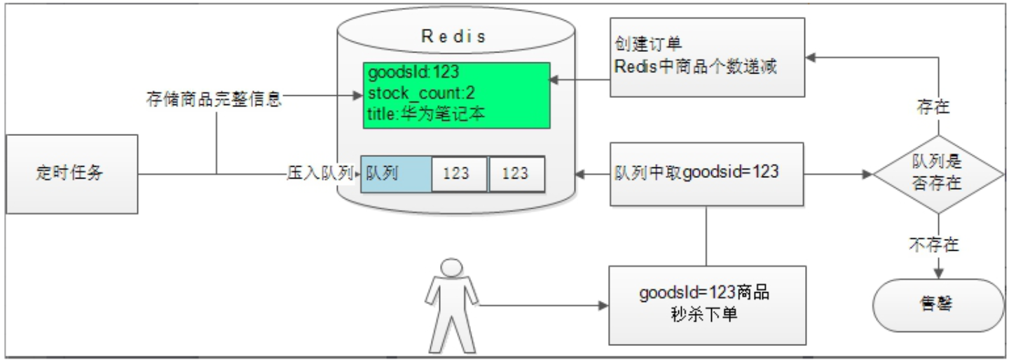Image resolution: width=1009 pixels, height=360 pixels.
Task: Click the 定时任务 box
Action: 72,174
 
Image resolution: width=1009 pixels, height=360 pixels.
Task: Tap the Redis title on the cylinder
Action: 453,36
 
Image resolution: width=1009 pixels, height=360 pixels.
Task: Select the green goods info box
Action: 457,95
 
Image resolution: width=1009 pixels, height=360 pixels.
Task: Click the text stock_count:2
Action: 422,92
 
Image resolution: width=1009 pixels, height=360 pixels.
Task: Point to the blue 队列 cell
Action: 396,174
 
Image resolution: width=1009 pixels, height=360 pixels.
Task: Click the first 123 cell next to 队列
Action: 459,174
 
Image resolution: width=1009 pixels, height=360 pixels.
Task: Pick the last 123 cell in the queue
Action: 516,174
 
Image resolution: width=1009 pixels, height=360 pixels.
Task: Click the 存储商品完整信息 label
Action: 214,99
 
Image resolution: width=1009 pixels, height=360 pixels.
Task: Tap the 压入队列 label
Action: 320,172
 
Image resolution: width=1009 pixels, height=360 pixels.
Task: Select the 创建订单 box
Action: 708,57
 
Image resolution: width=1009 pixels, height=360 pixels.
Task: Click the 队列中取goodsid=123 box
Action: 707,174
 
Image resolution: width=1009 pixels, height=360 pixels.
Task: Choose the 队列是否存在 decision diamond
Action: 939,174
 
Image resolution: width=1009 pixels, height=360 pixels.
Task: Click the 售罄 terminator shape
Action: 939,305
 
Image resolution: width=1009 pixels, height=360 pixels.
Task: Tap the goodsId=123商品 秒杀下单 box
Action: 707,305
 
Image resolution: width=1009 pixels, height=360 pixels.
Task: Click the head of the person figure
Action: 451,268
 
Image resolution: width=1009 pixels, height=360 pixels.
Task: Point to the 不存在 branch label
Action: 935,244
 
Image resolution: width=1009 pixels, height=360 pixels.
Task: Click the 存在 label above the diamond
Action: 933,106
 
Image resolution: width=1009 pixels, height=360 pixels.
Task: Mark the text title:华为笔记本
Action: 426,114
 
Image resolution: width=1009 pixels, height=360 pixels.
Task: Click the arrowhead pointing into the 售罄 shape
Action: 939,273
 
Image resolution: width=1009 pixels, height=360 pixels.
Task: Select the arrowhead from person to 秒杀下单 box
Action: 603,305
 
